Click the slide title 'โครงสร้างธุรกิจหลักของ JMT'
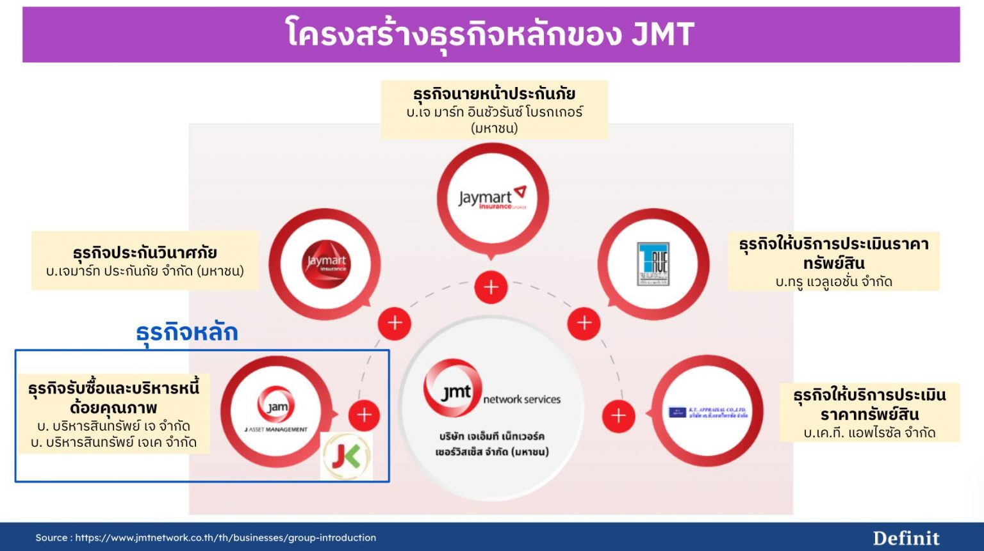(x=490, y=35)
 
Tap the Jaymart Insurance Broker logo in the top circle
(x=492, y=198)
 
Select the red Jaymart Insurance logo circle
(x=326, y=264)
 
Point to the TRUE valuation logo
(x=653, y=264)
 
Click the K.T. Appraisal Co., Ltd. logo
(x=708, y=413)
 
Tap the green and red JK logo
(x=346, y=456)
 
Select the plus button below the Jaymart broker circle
(x=491, y=287)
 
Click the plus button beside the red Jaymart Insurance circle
(x=395, y=323)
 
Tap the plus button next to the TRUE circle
(x=584, y=323)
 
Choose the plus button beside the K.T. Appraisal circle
(x=618, y=416)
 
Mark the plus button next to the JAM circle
(x=364, y=415)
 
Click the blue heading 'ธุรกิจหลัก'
(x=186, y=332)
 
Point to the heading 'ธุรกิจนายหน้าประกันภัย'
(x=494, y=94)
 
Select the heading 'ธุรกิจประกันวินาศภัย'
(x=145, y=252)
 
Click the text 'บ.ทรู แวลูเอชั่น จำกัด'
(x=833, y=282)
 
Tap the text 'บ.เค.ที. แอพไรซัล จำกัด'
(x=869, y=433)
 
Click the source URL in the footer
(x=225, y=538)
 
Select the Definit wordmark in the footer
(x=906, y=538)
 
